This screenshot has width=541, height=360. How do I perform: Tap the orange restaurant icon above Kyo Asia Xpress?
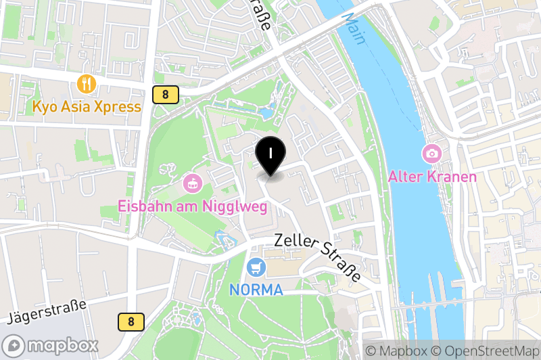point(87,84)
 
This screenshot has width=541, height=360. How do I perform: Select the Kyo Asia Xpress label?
point(87,106)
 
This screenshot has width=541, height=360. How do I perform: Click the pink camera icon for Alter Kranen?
point(431,154)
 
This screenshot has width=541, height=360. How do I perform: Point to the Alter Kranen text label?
point(432,177)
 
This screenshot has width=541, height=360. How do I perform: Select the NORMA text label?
point(256,289)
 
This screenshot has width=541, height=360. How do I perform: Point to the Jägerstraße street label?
point(47,311)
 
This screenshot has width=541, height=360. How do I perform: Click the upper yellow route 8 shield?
point(165,95)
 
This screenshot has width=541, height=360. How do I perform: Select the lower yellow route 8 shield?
point(131,322)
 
